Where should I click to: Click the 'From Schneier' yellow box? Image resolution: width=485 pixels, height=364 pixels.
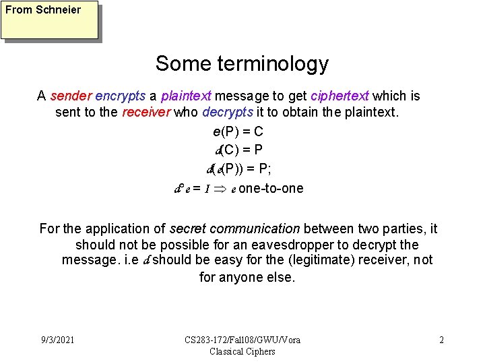click(50, 20)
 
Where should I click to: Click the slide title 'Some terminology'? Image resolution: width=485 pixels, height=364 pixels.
click(242, 63)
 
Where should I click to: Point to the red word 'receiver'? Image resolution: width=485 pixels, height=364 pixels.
click(146, 113)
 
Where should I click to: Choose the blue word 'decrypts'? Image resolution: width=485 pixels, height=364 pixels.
click(225, 113)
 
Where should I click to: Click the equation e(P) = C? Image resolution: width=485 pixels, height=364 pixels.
click(243, 133)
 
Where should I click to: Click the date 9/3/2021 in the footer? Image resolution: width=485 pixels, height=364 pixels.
click(57, 340)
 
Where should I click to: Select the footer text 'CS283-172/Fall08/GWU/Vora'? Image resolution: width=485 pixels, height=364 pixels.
click(243, 340)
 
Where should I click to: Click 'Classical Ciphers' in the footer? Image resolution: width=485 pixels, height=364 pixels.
click(243, 351)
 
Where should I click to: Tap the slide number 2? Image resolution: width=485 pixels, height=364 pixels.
click(441, 340)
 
